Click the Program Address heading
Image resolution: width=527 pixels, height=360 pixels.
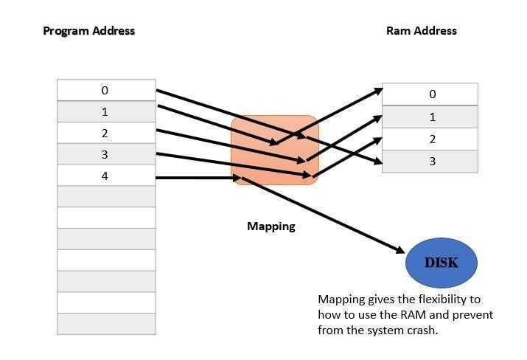[x=89, y=31]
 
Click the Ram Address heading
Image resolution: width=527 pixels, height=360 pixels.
[x=421, y=31]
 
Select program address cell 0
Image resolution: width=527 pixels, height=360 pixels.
[x=106, y=90]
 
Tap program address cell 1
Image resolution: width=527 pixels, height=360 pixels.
[x=106, y=111]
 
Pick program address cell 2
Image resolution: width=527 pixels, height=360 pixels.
[x=106, y=133]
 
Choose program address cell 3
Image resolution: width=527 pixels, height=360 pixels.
[x=106, y=154]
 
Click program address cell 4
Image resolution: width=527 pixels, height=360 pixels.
[x=106, y=176]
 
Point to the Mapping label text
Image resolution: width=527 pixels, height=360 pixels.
[x=271, y=226]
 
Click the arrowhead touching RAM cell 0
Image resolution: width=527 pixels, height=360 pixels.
[x=378, y=91]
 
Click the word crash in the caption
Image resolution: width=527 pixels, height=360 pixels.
[x=421, y=330]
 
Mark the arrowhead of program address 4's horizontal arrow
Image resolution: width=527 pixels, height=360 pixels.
[x=235, y=177]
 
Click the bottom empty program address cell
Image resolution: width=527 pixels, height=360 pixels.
[x=106, y=324]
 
